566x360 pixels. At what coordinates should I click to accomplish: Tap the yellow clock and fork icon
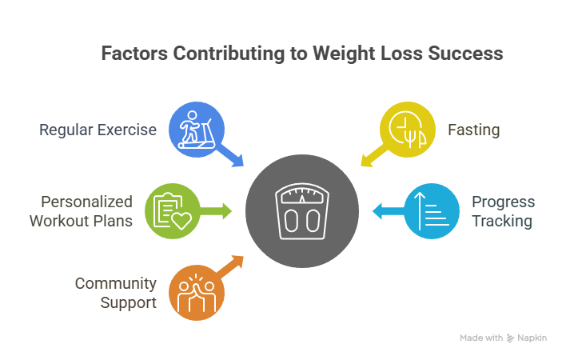pyautogui.click(x=407, y=129)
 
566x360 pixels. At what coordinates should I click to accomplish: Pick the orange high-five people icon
pyautogui.click(x=197, y=292)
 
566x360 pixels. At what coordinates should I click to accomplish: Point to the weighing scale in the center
pyautogui.click(x=301, y=211)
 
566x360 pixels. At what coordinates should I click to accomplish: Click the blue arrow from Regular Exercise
pyautogui.click(x=234, y=156)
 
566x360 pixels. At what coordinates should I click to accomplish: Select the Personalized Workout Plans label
pyautogui.click(x=81, y=211)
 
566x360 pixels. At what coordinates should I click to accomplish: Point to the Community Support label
pyautogui.click(x=115, y=293)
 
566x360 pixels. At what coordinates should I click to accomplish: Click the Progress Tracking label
pyautogui.click(x=502, y=211)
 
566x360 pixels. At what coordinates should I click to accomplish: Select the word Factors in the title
pyautogui.click(x=130, y=54)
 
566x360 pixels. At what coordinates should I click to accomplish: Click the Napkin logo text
pyautogui.click(x=532, y=338)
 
